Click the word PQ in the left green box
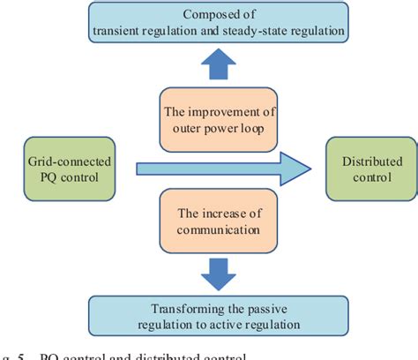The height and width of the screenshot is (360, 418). [41, 177]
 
